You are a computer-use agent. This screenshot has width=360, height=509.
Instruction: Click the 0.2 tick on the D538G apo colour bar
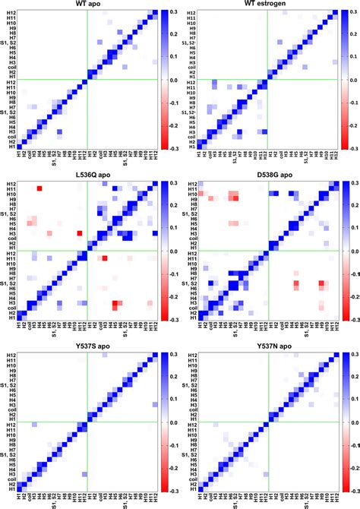pyautogui.click(x=352, y=205)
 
